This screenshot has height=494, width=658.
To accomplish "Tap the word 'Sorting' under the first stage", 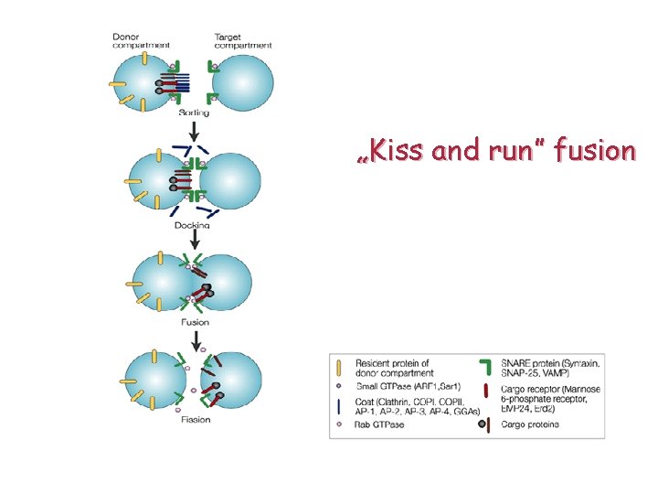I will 194,113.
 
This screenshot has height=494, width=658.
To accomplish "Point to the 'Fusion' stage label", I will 196,321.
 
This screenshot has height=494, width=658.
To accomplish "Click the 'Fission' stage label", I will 196,420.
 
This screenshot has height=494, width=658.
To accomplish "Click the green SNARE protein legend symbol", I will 487,367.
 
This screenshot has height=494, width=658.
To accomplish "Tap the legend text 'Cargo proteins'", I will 530,424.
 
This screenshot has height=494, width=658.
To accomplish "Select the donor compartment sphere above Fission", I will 155,380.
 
